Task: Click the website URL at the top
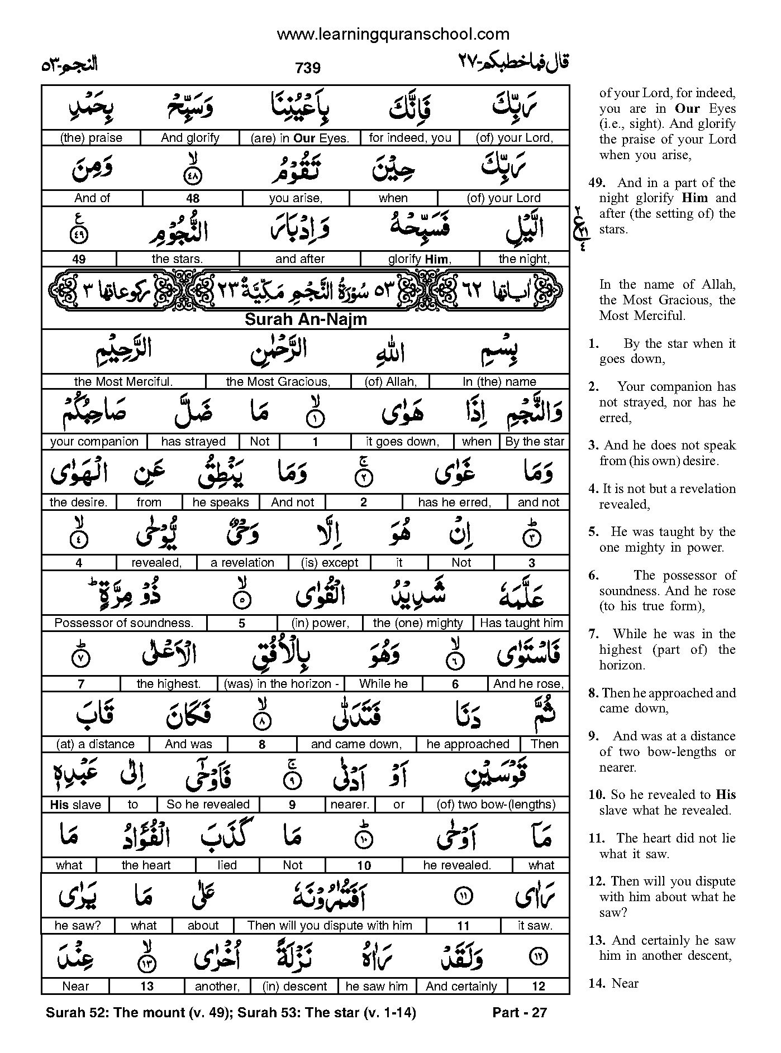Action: [x=393, y=34]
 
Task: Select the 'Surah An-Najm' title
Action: [x=306, y=320]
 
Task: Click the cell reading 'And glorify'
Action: [x=190, y=138]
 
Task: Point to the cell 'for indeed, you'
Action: [x=410, y=138]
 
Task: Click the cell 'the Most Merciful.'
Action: [x=123, y=382]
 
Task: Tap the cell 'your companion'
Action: [x=94, y=442]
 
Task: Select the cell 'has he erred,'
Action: [x=454, y=502]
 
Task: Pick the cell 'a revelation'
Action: [x=242, y=563]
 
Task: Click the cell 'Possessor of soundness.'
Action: [x=124, y=623]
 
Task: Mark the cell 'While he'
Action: [x=383, y=684]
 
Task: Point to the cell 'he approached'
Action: [x=468, y=744]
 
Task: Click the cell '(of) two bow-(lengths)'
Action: [x=496, y=805]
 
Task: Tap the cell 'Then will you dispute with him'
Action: [x=330, y=926]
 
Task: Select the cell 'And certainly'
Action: [x=461, y=987]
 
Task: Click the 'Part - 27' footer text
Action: [x=520, y=1013]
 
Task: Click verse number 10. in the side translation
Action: [x=596, y=795]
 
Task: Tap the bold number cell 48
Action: [x=193, y=198]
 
